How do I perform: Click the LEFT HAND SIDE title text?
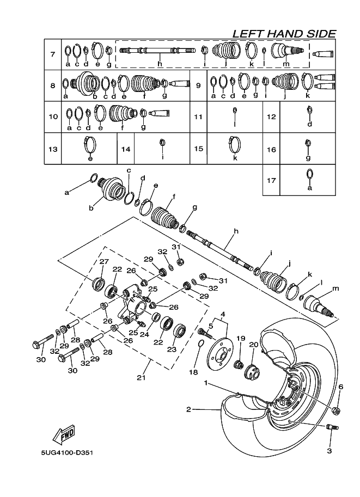pyautogui.click(x=284, y=33)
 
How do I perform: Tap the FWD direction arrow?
pyautogui.click(x=63, y=434)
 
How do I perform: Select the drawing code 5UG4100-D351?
pyautogui.click(x=66, y=452)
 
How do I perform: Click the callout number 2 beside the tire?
pyautogui.click(x=188, y=409)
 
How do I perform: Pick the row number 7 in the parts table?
pyautogui.click(x=52, y=54)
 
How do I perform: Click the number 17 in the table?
pyautogui.click(x=271, y=180)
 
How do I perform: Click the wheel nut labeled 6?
pyautogui.click(x=337, y=409)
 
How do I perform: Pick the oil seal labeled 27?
pyautogui.click(x=99, y=284)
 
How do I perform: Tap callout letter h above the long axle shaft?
pyautogui.click(x=236, y=232)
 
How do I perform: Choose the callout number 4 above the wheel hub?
pyautogui.click(x=223, y=314)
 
